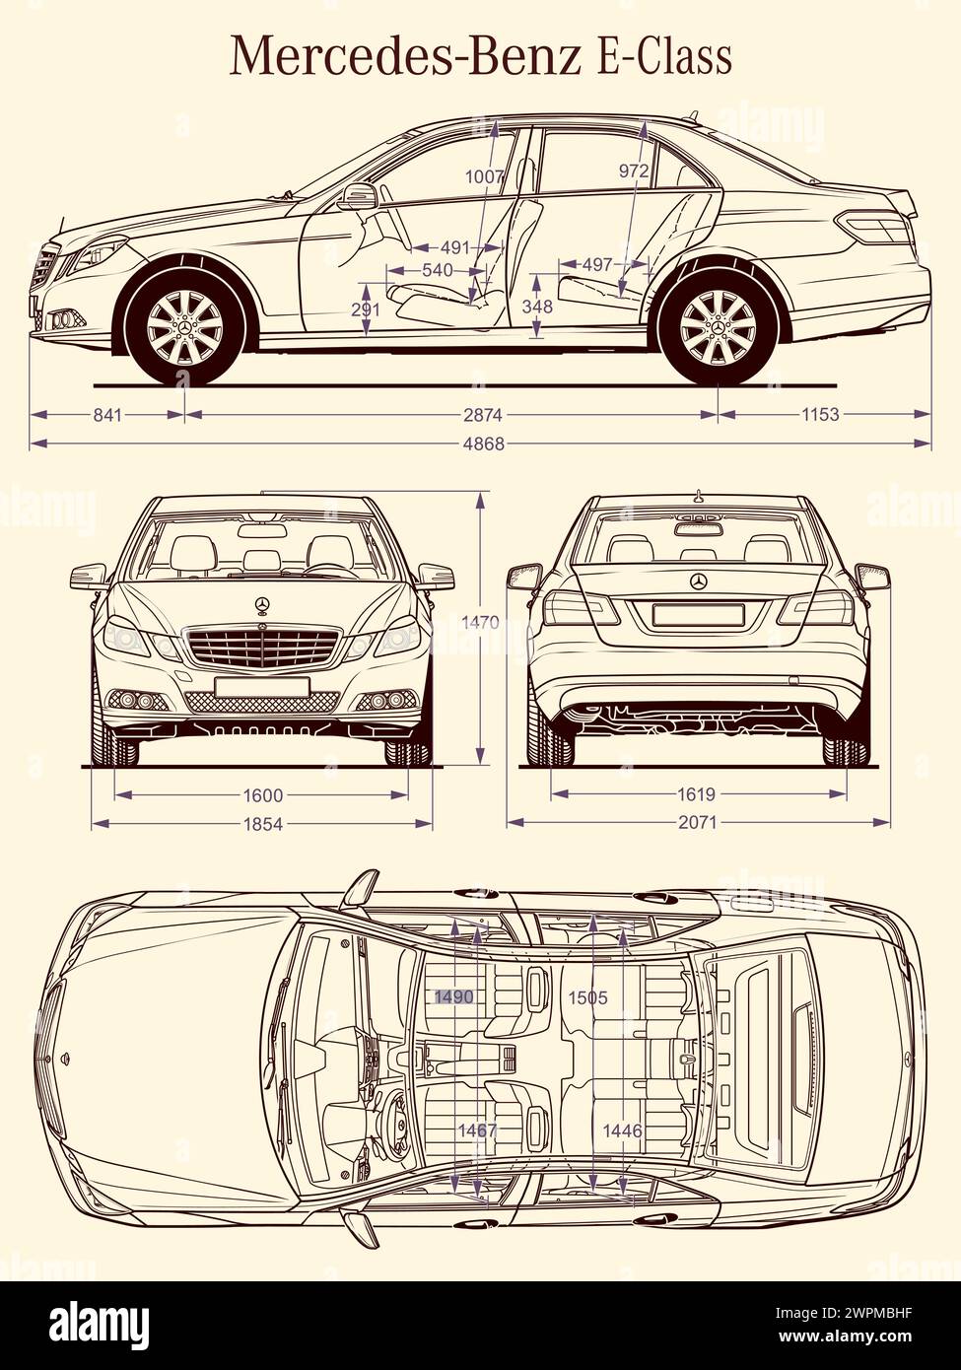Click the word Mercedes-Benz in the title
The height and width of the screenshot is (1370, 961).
405,56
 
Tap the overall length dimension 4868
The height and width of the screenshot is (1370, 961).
483,444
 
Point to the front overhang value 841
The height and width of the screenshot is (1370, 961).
107,415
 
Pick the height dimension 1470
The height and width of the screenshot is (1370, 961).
480,623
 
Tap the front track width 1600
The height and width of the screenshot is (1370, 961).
262,795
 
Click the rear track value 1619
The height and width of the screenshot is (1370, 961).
697,794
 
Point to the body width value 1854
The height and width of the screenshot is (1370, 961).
262,823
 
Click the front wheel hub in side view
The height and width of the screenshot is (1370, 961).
184,328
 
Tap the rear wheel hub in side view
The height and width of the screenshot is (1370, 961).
718,328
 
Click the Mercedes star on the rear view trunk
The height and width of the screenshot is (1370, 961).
699,582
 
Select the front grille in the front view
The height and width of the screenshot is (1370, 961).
262,648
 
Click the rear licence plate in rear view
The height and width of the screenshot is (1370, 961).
698,615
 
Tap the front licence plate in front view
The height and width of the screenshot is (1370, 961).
262,686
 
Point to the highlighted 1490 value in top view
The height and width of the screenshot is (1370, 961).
454,997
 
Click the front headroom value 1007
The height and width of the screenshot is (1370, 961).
484,177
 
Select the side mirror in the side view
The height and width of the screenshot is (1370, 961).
357,196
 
